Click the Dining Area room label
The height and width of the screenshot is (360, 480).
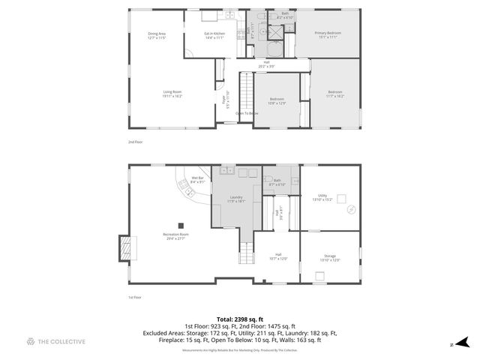click(x=157, y=35)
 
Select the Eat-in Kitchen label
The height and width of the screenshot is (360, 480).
click(x=214, y=35)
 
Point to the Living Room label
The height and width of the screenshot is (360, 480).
click(x=172, y=94)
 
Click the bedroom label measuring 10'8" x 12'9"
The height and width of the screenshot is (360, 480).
click(x=277, y=101)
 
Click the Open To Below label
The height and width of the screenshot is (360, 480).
click(x=247, y=113)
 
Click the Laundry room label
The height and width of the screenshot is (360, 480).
click(x=236, y=199)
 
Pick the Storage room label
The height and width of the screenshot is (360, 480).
click(x=330, y=257)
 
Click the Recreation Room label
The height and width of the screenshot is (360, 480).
click(x=175, y=236)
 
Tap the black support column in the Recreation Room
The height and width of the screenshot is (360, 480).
click(x=180, y=224)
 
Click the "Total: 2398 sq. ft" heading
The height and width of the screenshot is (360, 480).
click(x=239, y=319)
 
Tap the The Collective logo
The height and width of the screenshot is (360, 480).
click(x=56, y=342)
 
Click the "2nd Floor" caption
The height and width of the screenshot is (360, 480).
click(x=136, y=141)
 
